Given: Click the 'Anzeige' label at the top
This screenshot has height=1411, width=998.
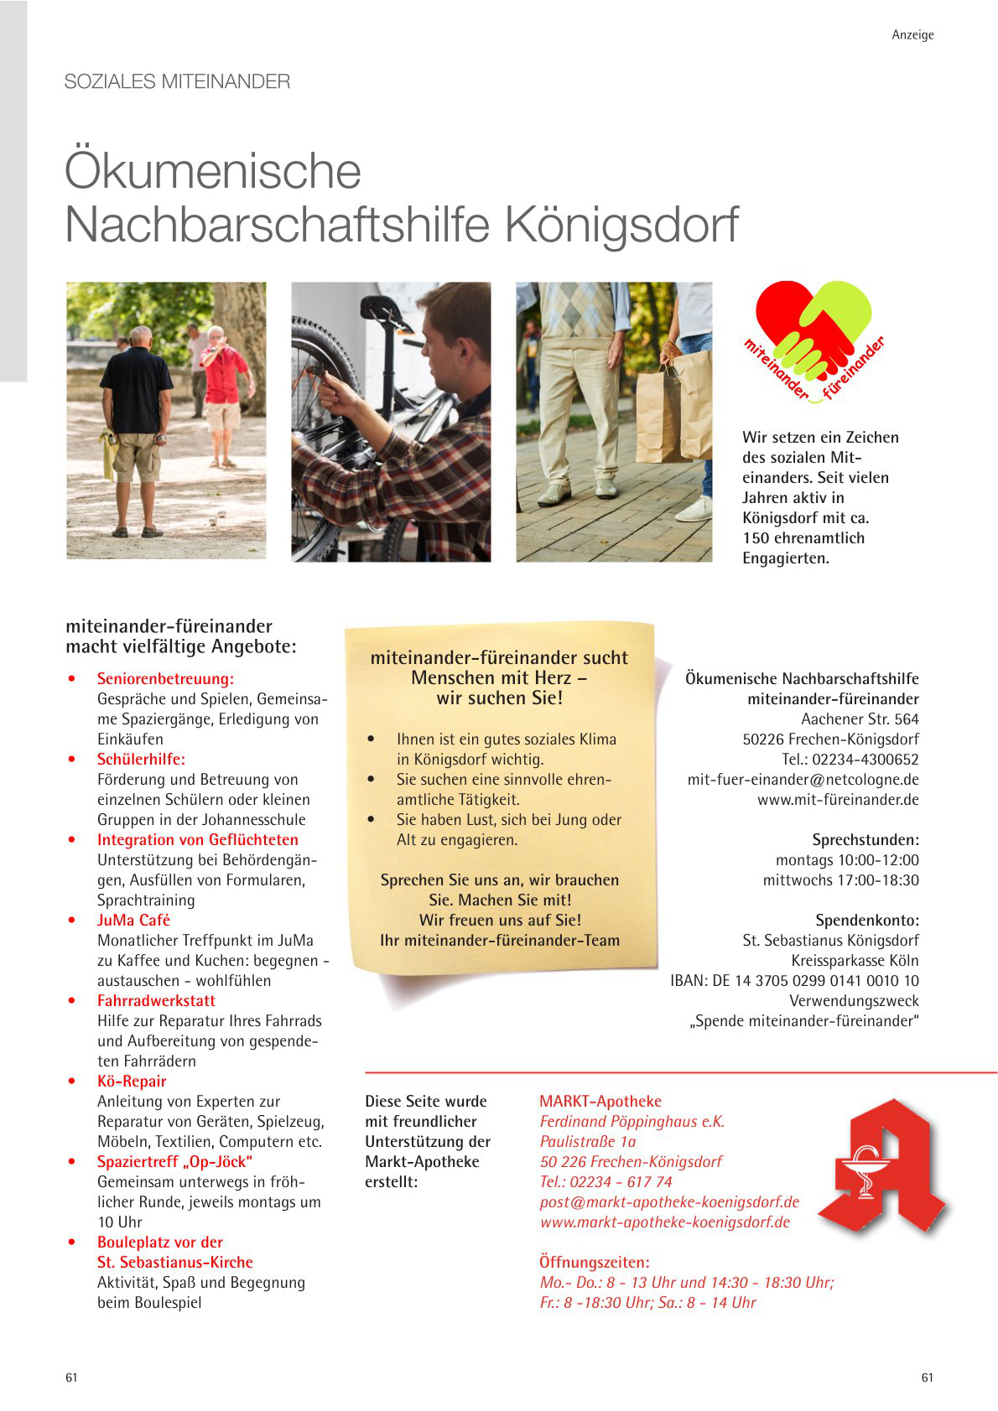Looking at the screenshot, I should click(912, 35).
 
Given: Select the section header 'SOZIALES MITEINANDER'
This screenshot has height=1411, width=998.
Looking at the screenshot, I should click(177, 82).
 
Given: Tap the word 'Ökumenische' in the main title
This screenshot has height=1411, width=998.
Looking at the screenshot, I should click(213, 171).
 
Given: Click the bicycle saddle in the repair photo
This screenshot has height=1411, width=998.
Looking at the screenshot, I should click(385, 312).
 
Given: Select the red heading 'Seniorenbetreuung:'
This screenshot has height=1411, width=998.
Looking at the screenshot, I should click(165, 679).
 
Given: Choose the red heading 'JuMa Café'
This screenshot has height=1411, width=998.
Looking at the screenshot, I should click(133, 921).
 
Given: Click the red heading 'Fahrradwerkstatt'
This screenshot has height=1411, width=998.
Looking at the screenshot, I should click(156, 1001).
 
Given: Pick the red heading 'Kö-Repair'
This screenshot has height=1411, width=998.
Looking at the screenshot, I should click(132, 1082).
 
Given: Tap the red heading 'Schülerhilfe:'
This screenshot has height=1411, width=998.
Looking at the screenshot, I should click(141, 760).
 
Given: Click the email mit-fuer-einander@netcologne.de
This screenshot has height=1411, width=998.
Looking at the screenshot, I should click(803, 780).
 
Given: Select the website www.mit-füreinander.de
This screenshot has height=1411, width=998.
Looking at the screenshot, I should click(838, 800).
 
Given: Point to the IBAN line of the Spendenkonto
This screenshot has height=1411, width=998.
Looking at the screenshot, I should click(794, 981).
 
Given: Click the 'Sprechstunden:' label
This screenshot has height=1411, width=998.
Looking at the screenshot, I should click(865, 840).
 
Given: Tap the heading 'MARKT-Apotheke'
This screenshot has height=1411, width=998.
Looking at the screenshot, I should click(600, 1102).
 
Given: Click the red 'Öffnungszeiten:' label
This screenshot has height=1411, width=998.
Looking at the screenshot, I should click(595, 1263).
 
